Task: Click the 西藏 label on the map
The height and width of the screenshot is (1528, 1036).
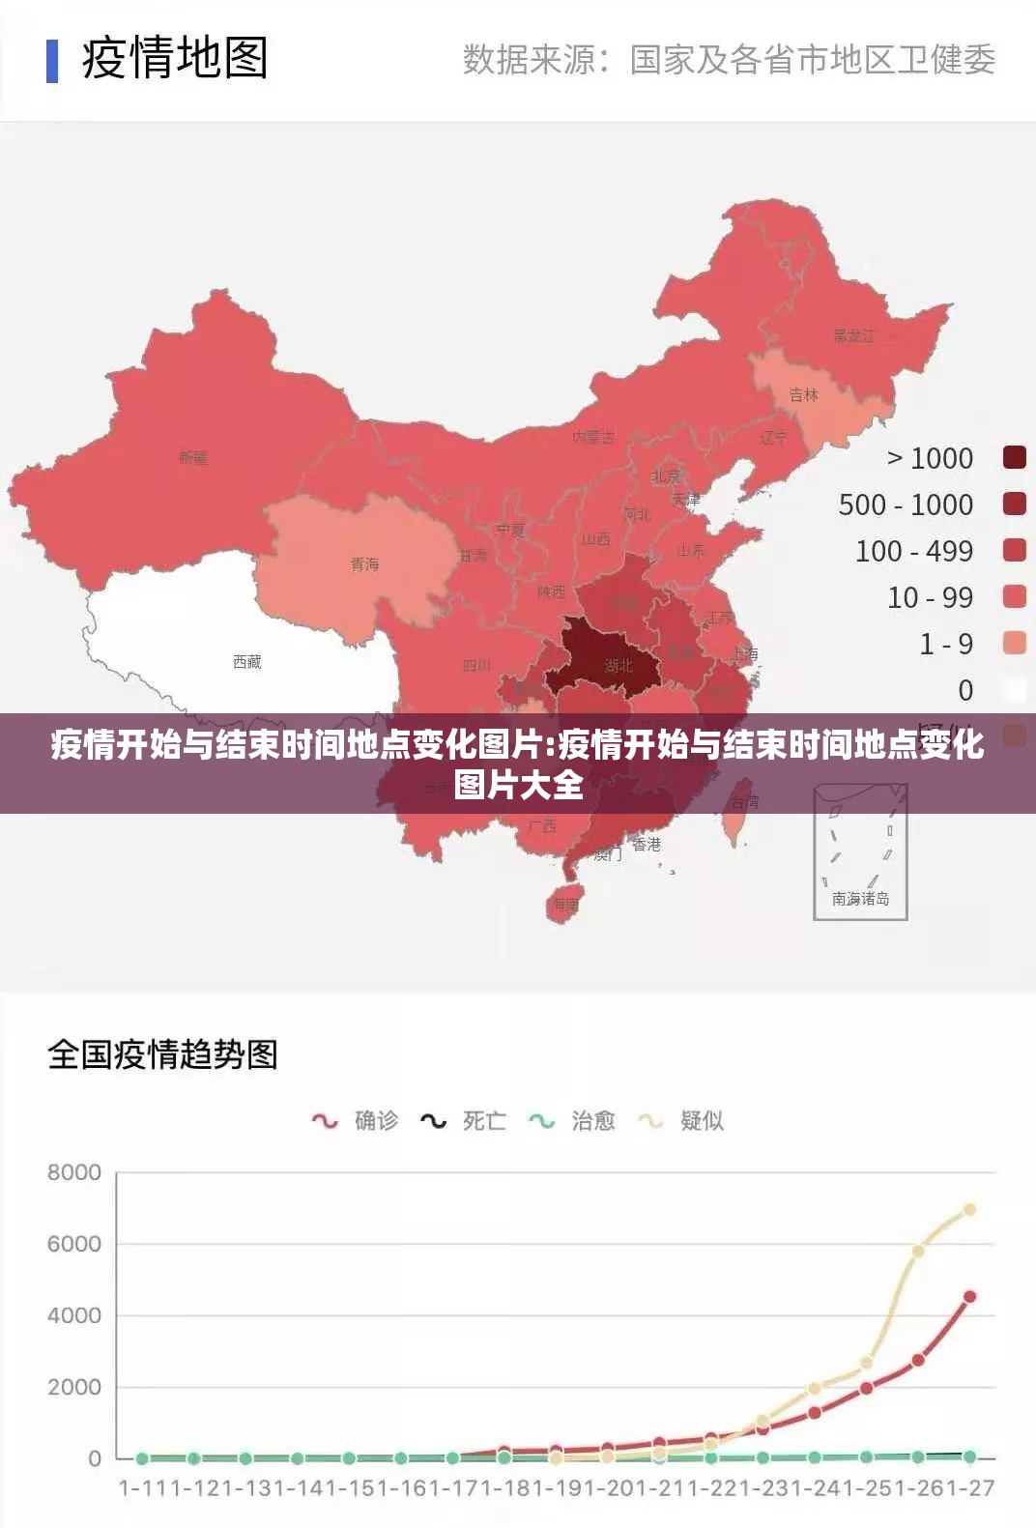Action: click(x=247, y=662)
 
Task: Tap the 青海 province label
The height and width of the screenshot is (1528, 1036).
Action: click(x=364, y=564)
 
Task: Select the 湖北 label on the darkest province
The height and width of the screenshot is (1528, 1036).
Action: click(x=619, y=665)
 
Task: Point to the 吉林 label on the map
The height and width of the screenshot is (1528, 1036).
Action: click(x=803, y=394)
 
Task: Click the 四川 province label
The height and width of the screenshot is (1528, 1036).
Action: click(x=476, y=665)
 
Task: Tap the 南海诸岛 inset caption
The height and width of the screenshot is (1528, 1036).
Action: click(x=860, y=899)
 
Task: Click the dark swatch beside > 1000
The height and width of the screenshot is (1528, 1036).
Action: click(x=1014, y=457)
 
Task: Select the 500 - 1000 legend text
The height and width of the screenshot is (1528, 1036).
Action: click(x=906, y=505)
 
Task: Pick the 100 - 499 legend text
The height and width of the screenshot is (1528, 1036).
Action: click(x=913, y=551)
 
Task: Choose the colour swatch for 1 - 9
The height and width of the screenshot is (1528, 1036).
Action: click(x=1014, y=643)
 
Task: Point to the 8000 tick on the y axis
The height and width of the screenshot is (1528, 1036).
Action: click(x=74, y=1172)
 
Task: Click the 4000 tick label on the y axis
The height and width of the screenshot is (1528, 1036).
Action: click(x=74, y=1315)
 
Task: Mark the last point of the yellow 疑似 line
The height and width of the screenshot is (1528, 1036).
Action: click(x=969, y=1209)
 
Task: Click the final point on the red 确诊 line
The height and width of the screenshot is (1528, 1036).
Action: click(x=969, y=1297)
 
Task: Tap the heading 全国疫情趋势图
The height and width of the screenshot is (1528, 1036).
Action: click(x=162, y=1054)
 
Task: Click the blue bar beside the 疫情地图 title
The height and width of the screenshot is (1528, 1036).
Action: click(x=52, y=60)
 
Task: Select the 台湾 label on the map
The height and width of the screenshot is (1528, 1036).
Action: click(x=745, y=802)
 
